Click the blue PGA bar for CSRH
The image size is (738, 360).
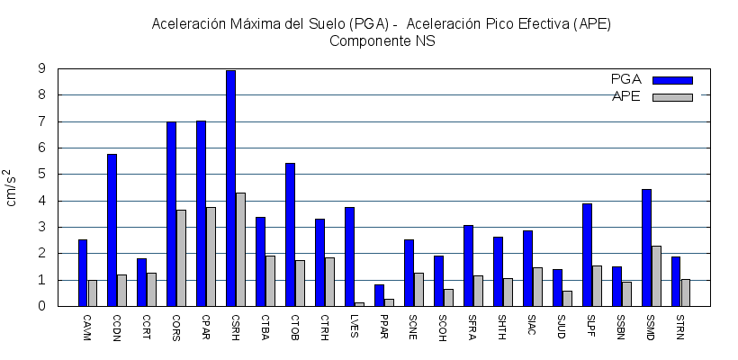point(231,188)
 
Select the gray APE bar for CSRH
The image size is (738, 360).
point(240,249)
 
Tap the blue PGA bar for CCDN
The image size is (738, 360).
point(112,230)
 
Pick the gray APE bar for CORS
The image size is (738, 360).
point(181,258)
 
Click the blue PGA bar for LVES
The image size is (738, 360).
point(350,256)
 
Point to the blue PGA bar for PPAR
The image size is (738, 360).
point(380,295)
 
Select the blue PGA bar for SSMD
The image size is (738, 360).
point(646,247)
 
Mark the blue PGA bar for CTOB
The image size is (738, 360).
point(291,235)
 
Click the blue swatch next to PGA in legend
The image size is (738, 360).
point(672,80)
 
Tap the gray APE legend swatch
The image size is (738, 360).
point(672,97)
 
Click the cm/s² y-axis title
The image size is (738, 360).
point(13,187)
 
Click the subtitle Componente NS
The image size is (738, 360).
point(382,41)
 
